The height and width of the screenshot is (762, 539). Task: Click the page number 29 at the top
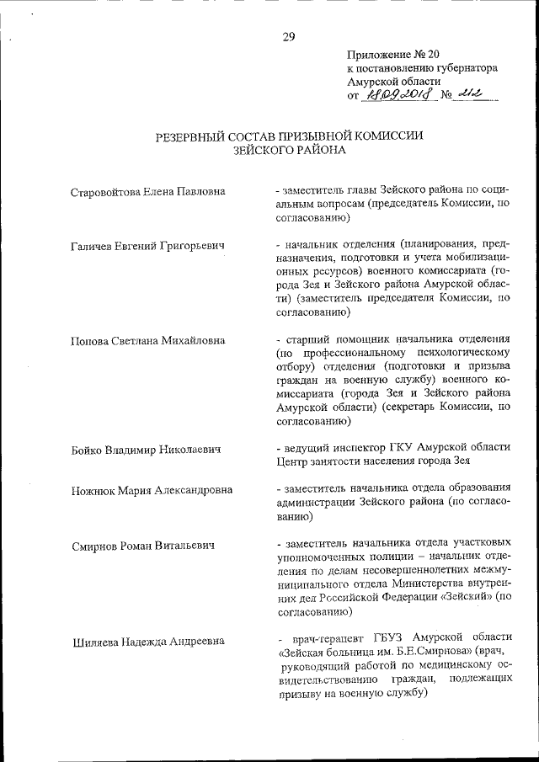(x=288, y=35)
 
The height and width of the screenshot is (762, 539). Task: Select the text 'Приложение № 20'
(x=392, y=53)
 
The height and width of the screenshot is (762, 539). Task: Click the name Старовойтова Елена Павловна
(x=149, y=191)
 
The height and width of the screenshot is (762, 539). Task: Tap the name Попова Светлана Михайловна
(x=148, y=340)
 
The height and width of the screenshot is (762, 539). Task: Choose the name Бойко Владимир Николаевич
(x=147, y=450)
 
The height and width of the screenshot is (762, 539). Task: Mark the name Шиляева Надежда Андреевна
(x=148, y=641)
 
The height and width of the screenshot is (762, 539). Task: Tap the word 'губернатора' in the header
(x=466, y=67)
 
